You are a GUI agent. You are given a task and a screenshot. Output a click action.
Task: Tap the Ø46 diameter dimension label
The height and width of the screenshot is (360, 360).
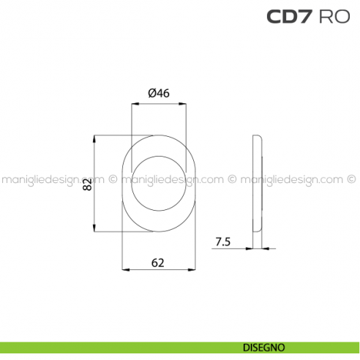pyautogui.click(x=159, y=93)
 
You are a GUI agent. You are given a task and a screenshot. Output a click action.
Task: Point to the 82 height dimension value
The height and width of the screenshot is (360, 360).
pyautogui.click(x=87, y=184)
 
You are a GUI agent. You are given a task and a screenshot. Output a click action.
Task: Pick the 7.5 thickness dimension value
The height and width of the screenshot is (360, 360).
pyautogui.click(x=224, y=241)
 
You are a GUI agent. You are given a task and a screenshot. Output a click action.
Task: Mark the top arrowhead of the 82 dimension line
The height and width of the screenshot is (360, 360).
pyautogui.click(x=96, y=138)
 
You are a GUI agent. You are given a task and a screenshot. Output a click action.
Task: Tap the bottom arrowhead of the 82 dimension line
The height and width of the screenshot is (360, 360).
pyautogui.click(x=96, y=229)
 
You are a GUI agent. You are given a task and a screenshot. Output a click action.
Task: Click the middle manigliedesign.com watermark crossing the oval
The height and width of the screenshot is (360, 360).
pyautogui.click(x=171, y=179)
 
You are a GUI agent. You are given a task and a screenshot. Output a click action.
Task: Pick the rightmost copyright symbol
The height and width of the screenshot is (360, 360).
pyautogui.click(x=350, y=178)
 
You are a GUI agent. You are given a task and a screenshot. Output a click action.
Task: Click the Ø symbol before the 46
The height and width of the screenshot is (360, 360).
pyautogui.click(x=151, y=93)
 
